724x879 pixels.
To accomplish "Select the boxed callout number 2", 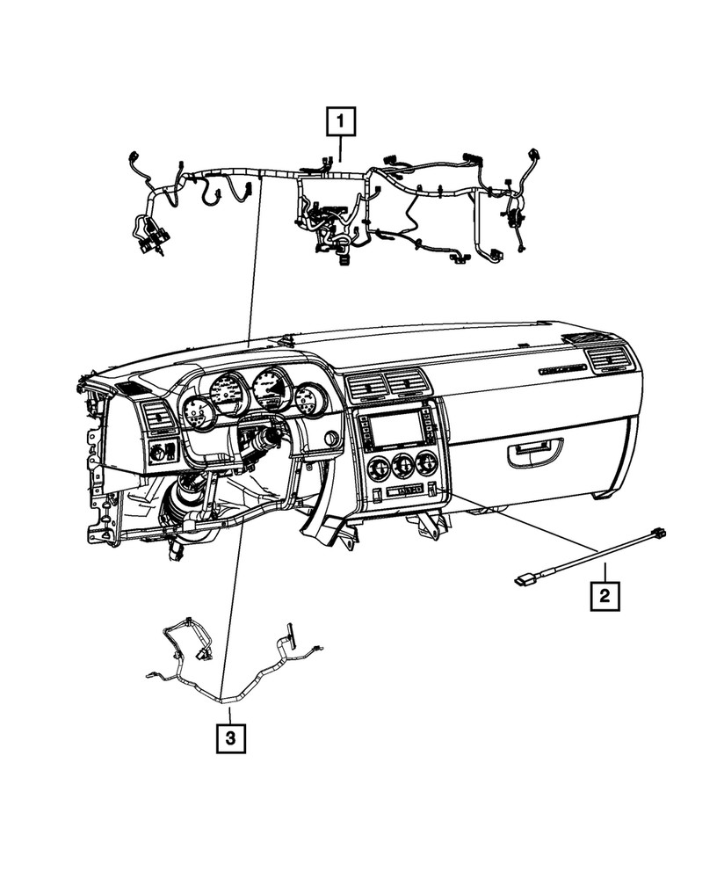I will click(x=605, y=596).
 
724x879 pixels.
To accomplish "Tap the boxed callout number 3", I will click(x=229, y=737).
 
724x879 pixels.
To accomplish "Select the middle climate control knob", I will click(x=403, y=464).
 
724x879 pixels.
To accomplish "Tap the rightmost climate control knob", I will click(x=427, y=462).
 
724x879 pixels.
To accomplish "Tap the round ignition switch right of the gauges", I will click(x=331, y=439).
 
